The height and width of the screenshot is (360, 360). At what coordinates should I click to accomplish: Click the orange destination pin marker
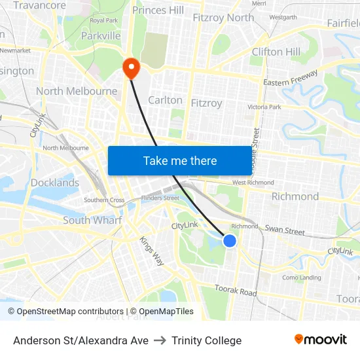131,67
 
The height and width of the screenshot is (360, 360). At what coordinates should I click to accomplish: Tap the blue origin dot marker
230,241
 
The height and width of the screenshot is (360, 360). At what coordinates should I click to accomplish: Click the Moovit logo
320,340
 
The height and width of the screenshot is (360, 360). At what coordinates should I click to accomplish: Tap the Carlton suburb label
166,100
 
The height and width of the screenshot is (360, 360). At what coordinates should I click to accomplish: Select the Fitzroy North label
223,18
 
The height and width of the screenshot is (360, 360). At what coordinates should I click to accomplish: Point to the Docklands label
55,183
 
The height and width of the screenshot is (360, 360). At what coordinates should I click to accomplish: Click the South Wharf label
92,221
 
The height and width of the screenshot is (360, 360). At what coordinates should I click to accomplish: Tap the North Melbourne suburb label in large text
77,92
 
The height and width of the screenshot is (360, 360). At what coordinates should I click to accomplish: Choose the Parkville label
101,35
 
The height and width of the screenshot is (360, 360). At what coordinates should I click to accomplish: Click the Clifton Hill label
276,52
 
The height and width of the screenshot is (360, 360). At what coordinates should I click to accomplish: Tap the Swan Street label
285,230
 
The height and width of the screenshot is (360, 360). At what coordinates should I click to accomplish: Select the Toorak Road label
236,291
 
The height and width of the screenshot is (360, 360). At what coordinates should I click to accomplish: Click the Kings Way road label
151,251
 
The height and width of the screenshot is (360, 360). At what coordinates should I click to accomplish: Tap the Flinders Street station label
160,198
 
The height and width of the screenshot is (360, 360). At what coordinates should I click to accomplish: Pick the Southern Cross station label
104,200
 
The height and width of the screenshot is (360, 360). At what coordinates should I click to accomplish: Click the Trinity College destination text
207,340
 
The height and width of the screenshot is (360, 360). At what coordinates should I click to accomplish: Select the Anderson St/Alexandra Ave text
81,340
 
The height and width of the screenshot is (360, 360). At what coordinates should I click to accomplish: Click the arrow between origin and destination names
160,340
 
